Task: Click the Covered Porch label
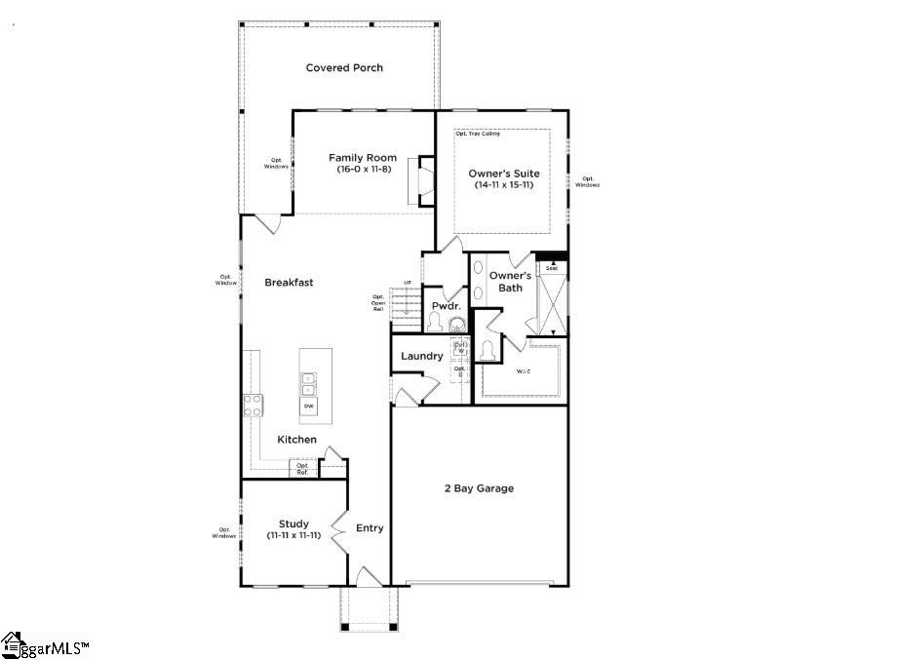point(344,68)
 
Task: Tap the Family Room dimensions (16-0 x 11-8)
point(362,170)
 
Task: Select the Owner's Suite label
point(503,174)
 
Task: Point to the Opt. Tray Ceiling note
point(478,134)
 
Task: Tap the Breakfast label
point(289,283)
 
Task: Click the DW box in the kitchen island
point(308,406)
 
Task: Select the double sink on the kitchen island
point(308,383)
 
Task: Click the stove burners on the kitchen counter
point(253,405)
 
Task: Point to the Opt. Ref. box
point(302,469)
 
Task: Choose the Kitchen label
point(296,440)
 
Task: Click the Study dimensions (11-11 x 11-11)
point(293,535)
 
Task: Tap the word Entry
point(370,528)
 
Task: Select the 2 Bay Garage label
point(479,488)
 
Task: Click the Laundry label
point(421,357)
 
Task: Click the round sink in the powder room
point(455,325)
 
